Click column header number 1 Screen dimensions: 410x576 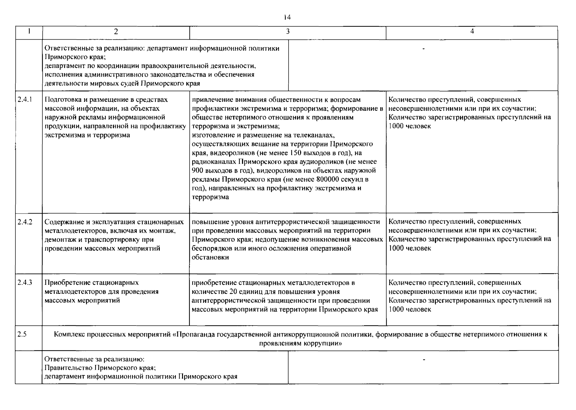point(29,31)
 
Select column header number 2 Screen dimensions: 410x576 point(116,31)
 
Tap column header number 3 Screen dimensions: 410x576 point(288,31)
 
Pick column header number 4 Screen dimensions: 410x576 point(472,31)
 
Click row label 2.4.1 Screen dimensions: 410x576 point(25,100)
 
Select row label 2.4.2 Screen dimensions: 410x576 point(25,222)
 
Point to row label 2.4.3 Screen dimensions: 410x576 point(25,283)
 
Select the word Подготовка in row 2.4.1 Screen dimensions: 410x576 point(61,100)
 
